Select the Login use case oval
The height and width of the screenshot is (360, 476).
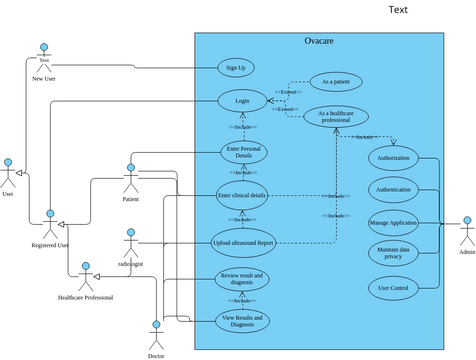click(242, 101)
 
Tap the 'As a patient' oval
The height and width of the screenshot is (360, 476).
click(335, 81)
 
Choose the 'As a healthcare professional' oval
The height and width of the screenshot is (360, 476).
click(334, 118)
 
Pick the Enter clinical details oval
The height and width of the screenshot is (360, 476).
click(242, 195)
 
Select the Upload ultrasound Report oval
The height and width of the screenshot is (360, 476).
click(243, 242)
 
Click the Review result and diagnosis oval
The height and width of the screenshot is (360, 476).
click(242, 279)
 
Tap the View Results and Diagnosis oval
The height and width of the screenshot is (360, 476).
click(243, 321)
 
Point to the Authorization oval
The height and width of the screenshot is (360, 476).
click(393, 157)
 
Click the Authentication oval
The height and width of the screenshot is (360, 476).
click(393, 189)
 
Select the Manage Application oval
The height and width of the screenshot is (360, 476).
click(393, 222)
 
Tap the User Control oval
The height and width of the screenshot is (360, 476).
click(393, 288)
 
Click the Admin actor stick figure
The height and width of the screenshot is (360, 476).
click(466, 231)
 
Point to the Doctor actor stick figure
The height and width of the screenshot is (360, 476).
click(156, 334)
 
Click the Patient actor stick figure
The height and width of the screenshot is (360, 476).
click(130, 179)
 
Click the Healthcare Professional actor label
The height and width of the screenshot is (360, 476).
click(85, 297)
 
